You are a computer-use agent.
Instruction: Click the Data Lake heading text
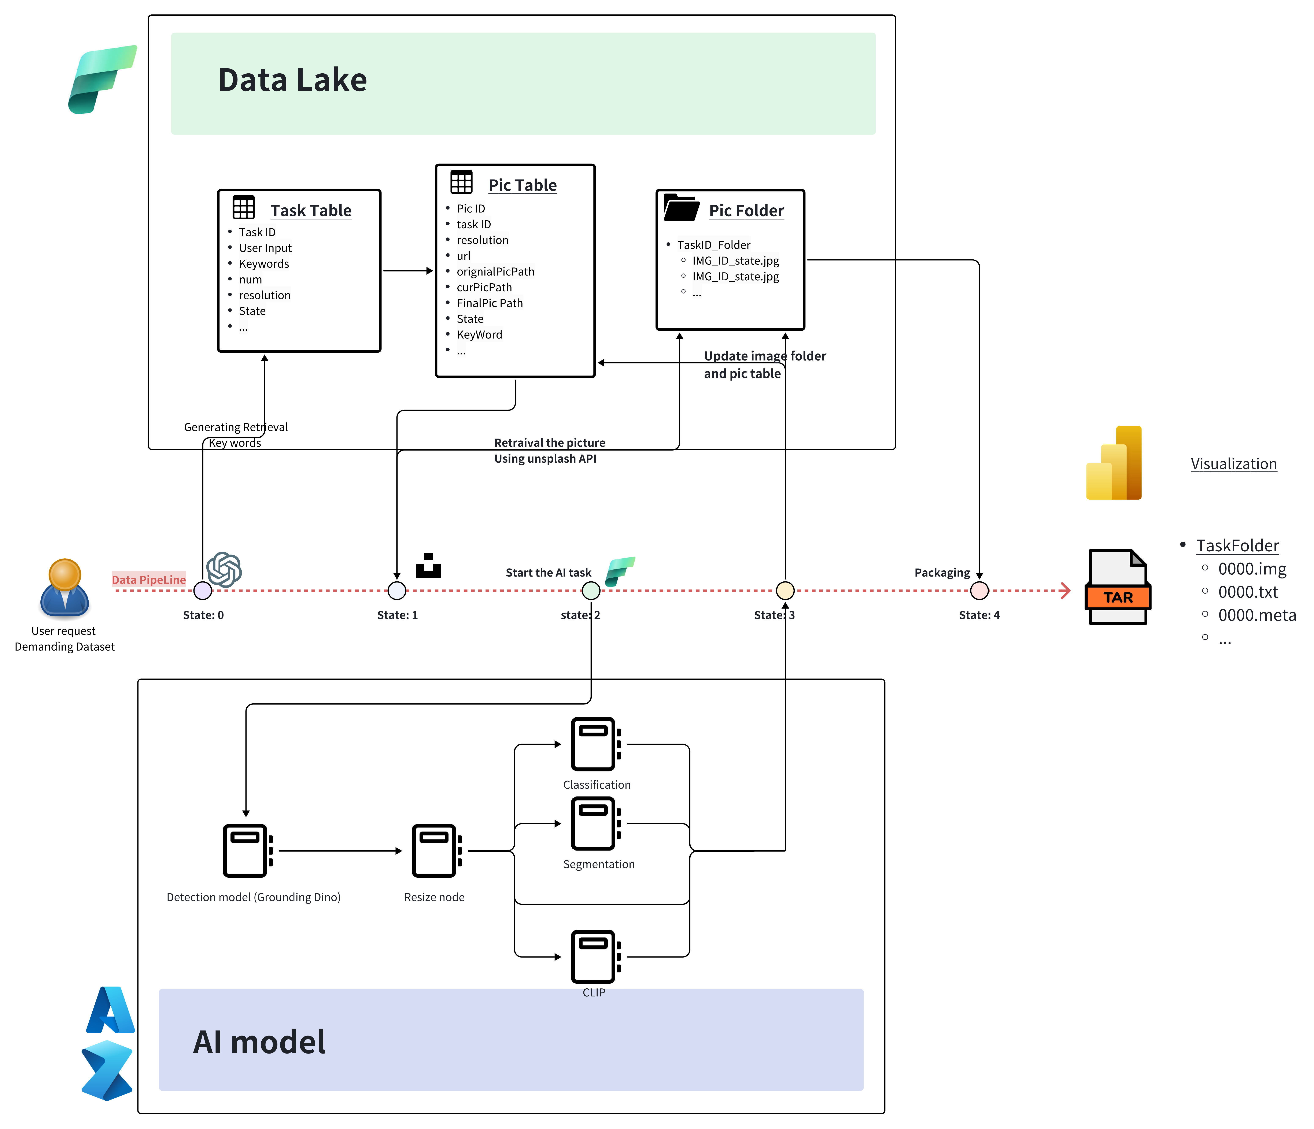point(292,81)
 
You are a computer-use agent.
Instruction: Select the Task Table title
point(311,210)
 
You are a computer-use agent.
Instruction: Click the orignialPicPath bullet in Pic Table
point(495,271)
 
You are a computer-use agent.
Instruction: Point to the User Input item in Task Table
point(265,248)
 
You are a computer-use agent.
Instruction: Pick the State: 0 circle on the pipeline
point(203,591)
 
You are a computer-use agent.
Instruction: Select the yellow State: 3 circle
point(785,591)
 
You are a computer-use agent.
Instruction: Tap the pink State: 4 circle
point(979,591)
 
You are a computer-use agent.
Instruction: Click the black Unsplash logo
point(429,565)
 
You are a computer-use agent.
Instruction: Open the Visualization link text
point(1233,464)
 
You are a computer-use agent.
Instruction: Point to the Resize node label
point(434,897)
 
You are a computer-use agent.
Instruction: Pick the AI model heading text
point(259,1042)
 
